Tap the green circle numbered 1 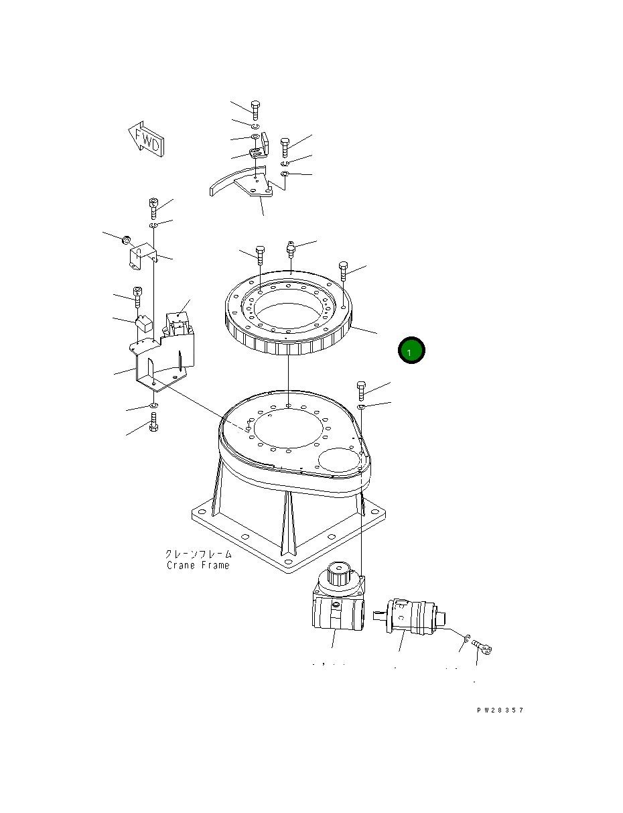(411, 350)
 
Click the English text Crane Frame (198, 565)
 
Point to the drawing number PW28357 (500, 710)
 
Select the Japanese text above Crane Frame (198, 554)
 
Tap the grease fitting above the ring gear (291, 249)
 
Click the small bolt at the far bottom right (482, 647)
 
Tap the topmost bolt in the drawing (255, 109)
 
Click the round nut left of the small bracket (125, 239)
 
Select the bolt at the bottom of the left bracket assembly (153, 422)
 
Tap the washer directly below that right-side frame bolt (362, 407)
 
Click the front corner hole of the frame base (288, 564)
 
